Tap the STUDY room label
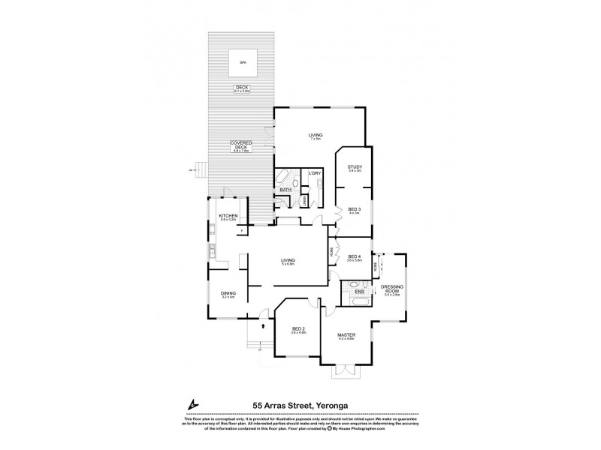(355, 166)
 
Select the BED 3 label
(355, 208)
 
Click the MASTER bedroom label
(346, 334)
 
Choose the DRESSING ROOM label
(391, 289)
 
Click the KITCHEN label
(228, 216)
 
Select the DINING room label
(228, 293)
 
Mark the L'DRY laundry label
(316, 174)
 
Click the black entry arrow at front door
(263, 326)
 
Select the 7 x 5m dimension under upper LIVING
(316, 139)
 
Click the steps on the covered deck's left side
(199, 170)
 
